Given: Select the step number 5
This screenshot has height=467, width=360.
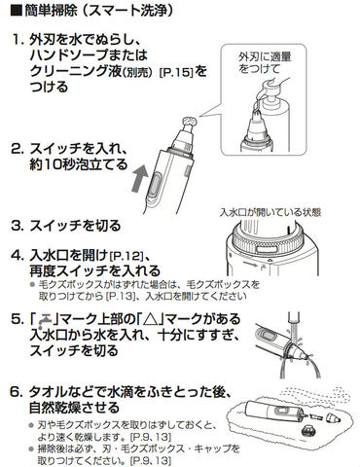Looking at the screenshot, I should pos(17,319).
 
